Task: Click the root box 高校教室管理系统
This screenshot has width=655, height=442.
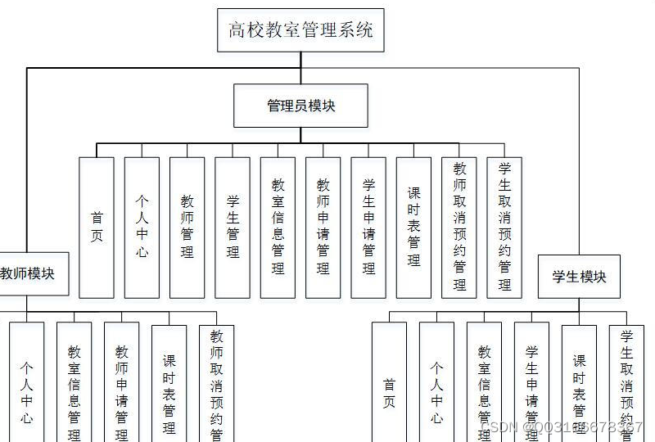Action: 300,30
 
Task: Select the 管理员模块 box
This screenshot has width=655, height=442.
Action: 300,106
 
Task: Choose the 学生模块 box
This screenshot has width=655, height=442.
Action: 579,277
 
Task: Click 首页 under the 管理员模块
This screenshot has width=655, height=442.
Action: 97,228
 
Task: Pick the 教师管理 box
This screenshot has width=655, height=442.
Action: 187,228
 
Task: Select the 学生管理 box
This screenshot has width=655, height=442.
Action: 233,228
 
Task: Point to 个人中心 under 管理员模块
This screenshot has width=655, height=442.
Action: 142,228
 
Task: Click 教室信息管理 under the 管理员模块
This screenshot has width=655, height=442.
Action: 278,228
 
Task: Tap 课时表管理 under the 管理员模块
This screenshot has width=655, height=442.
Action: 413,228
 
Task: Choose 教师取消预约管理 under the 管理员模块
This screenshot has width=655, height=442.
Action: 458,228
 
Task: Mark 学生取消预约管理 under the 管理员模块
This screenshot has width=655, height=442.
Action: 504,228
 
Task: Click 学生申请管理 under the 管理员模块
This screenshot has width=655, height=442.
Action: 368,228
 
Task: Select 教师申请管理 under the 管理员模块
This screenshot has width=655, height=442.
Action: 323,228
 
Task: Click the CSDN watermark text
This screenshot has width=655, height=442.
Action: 561,427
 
